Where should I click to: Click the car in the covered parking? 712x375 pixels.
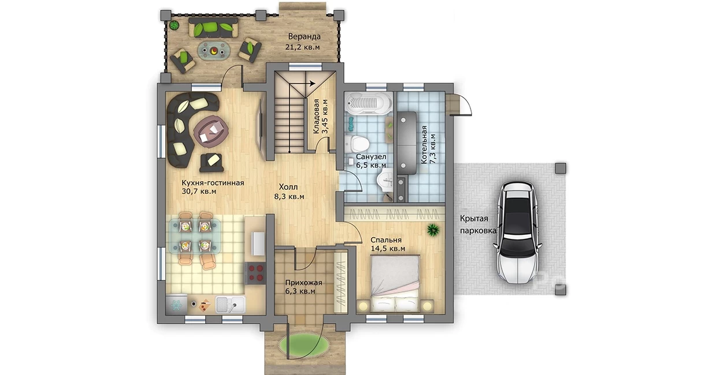click(517, 233)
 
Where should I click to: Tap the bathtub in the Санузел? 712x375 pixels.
click(368, 103)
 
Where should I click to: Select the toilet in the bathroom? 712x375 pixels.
click(358, 144)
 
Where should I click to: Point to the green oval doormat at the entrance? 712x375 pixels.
click(304, 343)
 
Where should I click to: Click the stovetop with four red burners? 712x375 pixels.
click(255, 273)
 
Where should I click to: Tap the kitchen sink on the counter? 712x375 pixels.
click(231, 305)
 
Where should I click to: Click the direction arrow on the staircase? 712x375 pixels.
click(302, 84)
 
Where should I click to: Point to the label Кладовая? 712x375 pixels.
click(316, 117)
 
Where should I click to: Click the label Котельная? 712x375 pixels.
click(424, 145)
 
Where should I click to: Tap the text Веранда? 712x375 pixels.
click(304, 37)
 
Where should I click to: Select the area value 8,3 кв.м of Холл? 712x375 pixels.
click(289, 196)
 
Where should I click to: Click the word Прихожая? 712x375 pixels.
click(303, 283)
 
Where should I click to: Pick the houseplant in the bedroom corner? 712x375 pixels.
click(433, 230)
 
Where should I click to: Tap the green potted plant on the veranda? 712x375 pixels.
click(173, 25)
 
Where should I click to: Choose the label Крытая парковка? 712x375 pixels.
click(478, 224)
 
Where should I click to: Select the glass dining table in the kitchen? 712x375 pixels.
click(195, 236)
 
